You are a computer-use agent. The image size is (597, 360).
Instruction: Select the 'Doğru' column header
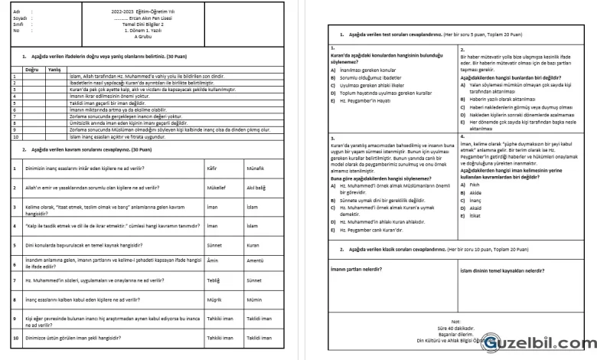tap(31, 69)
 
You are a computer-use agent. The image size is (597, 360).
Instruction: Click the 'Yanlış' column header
tap(54, 69)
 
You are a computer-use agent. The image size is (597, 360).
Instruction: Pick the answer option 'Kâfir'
tap(213, 166)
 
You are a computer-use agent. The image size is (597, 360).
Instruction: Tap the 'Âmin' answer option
tap(214, 262)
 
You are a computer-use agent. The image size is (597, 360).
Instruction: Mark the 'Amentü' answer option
tap(255, 262)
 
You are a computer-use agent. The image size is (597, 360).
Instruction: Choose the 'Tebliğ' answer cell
tap(214, 280)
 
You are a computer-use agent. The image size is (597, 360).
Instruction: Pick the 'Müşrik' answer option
tap(215, 299)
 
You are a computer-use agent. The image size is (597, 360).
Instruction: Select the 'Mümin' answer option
tap(253, 299)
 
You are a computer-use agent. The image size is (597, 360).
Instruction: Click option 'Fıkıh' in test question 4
tap(475, 185)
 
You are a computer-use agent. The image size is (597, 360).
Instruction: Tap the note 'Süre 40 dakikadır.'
tap(456, 327)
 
